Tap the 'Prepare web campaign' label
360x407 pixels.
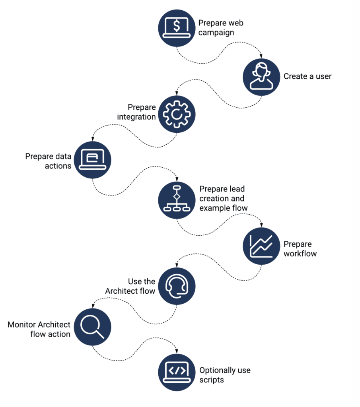[x=221, y=28]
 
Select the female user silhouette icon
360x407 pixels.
[x=261, y=77]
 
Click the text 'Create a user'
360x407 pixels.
[x=307, y=76]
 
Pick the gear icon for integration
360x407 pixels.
[x=177, y=114]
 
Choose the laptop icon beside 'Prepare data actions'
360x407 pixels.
[x=93, y=160]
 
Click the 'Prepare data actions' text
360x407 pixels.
[x=48, y=161]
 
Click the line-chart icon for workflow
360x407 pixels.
[x=261, y=247]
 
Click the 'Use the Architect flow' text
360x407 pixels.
[x=130, y=286]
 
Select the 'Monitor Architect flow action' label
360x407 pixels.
[x=39, y=329]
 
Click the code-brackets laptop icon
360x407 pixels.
[x=177, y=372]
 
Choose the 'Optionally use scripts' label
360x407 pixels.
[x=225, y=375]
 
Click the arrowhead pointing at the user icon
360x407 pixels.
[x=261, y=56]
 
